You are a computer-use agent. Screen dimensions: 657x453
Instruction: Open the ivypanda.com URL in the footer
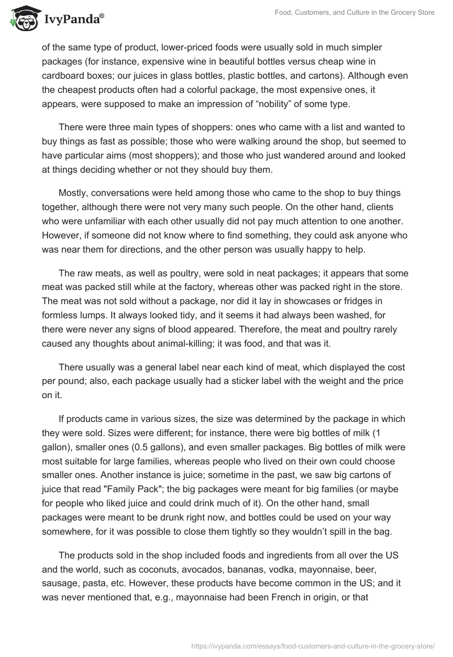[x=313, y=645]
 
